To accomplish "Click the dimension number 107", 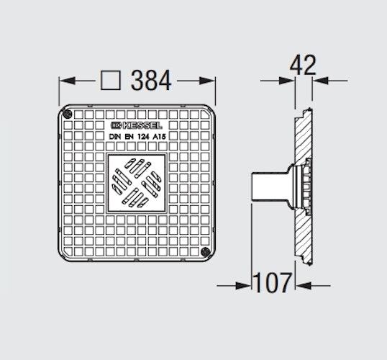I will point(271,284).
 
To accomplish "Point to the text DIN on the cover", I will point(115,135).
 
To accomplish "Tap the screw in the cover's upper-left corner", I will point(67,114).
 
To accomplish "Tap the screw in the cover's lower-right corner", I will point(206,253).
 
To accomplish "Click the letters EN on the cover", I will point(130,135).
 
